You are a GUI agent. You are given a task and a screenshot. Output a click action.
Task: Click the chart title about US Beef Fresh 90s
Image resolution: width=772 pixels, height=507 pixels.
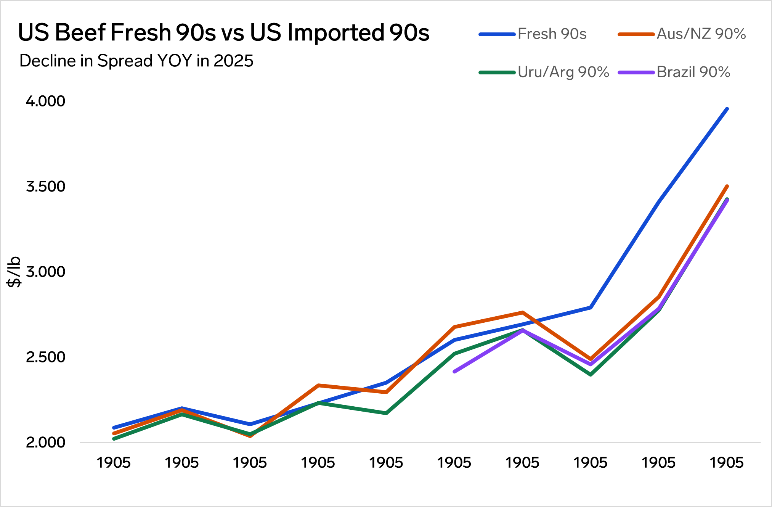point(223,32)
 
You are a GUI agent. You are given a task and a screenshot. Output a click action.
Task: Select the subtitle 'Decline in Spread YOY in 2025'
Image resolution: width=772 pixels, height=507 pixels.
point(136,61)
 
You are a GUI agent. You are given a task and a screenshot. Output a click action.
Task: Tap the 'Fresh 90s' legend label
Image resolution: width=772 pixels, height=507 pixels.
point(552,34)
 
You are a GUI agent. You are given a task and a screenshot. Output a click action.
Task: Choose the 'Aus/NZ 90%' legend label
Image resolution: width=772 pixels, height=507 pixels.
point(701,34)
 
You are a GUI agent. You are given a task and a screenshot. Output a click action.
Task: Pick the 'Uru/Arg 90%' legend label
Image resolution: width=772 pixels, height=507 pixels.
point(563,72)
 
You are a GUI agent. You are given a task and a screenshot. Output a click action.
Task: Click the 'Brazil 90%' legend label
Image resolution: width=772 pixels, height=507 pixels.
point(693,72)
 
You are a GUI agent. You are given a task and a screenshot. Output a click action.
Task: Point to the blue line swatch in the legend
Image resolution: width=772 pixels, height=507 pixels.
point(497,34)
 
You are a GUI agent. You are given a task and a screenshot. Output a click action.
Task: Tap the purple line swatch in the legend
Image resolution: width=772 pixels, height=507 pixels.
point(636,72)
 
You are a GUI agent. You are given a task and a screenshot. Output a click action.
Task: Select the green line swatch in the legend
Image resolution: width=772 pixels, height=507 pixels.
point(497,72)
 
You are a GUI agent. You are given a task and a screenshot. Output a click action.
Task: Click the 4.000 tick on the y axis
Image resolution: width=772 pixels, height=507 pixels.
point(45,101)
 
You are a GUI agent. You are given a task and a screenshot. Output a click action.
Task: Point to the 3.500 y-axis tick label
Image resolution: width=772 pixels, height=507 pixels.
point(45,187)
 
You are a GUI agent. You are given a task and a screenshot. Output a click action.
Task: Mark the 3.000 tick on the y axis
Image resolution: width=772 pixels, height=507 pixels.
point(45,272)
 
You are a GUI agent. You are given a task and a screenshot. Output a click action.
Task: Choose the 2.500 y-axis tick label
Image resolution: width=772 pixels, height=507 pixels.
point(45,357)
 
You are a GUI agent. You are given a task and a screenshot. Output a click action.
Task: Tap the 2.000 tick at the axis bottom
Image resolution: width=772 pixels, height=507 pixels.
point(45,443)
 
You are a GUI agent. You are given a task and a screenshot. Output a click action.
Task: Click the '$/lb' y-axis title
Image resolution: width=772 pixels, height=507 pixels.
point(14,272)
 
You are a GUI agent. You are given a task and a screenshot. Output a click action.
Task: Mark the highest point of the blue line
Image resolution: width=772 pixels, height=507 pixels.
point(727,109)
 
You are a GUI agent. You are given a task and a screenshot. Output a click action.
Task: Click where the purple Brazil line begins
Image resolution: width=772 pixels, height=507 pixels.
point(454,371)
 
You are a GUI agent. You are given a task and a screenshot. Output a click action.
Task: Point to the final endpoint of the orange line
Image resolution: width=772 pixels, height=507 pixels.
point(727,186)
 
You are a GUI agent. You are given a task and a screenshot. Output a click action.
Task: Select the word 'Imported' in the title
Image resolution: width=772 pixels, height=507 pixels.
point(335,32)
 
